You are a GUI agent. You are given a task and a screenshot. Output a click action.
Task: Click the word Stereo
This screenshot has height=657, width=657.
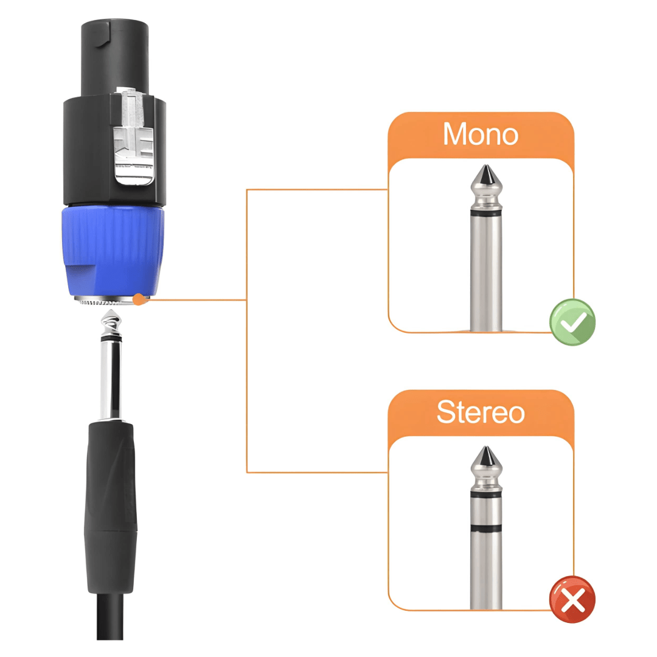481,412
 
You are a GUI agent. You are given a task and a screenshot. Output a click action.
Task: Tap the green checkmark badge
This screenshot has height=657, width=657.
572,322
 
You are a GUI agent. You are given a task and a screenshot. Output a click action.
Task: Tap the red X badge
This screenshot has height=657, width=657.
572,600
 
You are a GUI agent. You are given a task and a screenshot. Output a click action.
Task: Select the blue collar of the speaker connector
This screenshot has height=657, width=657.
113,251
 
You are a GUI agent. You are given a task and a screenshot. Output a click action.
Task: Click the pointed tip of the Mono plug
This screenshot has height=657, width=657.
486,166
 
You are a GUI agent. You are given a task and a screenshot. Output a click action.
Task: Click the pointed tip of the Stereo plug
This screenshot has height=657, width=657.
486,448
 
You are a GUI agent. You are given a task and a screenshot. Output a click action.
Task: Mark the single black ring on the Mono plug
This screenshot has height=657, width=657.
486,214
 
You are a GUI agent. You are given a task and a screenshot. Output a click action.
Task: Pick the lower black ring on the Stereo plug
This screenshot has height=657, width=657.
486,527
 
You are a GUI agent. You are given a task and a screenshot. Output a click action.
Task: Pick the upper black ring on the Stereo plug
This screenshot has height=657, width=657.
486,495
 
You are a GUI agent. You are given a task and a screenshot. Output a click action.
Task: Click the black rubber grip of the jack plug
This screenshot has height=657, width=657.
111,507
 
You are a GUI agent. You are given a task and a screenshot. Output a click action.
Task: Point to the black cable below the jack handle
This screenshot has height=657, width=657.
109,616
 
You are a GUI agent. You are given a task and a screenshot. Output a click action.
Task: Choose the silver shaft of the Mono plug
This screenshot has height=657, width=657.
486,273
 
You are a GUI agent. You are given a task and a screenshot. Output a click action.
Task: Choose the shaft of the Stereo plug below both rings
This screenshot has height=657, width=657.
486,570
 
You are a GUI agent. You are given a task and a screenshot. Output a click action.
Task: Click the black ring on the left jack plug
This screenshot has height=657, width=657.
111,337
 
